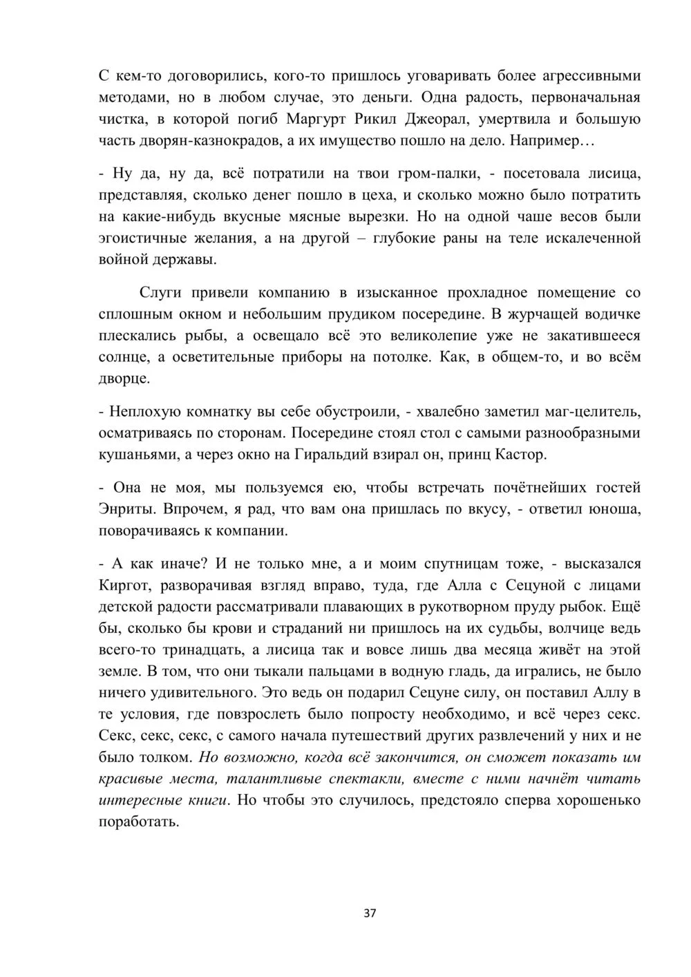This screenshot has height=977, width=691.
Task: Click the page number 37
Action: (x=370, y=913)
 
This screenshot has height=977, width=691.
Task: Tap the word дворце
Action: (x=124, y=379)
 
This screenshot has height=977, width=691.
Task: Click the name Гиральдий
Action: (x=356, y=455)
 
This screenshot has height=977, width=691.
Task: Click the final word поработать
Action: (x=139, y=823)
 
